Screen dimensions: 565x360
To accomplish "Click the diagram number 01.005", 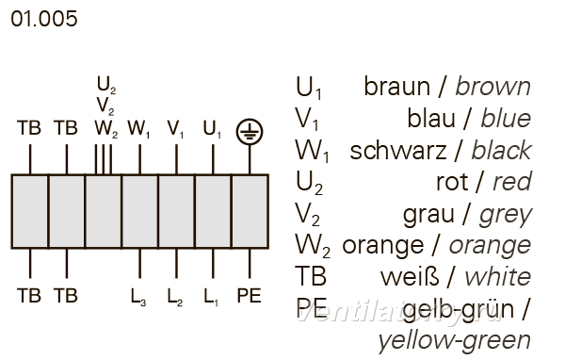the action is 44,19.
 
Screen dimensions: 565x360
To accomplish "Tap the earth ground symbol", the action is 250,132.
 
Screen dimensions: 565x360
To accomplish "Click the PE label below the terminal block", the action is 249,296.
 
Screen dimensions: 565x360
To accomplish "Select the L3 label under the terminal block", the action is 138,297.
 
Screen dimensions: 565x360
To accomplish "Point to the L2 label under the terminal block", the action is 175,297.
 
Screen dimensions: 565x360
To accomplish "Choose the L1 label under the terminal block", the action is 211,297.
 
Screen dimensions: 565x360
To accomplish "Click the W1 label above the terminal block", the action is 138,129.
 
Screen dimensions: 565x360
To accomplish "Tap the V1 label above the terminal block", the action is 175,129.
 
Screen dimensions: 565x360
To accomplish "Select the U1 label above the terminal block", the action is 212,129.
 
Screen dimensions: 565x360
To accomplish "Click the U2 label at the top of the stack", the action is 106,85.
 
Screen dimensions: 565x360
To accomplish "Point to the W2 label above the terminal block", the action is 106,129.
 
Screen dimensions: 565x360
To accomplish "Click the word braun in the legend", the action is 397,87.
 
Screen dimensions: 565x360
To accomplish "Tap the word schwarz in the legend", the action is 398,151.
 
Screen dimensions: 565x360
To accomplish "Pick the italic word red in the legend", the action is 512,182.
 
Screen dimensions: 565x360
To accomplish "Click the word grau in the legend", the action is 428,215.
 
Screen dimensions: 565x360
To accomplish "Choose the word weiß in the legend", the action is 410,277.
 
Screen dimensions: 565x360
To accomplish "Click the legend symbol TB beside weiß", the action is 311,277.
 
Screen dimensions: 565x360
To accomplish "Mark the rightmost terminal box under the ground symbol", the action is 250,212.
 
